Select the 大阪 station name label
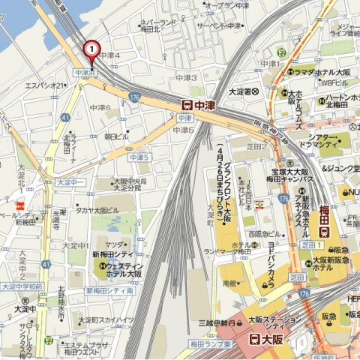click(x=274, y=337)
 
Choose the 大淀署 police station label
click(x=243, y=91)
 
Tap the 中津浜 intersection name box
click(x=85, y=73)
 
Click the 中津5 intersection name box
click(x=139, y=157)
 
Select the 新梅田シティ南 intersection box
click(x=109, y=290)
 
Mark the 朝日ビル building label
click(x=115, y=136)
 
